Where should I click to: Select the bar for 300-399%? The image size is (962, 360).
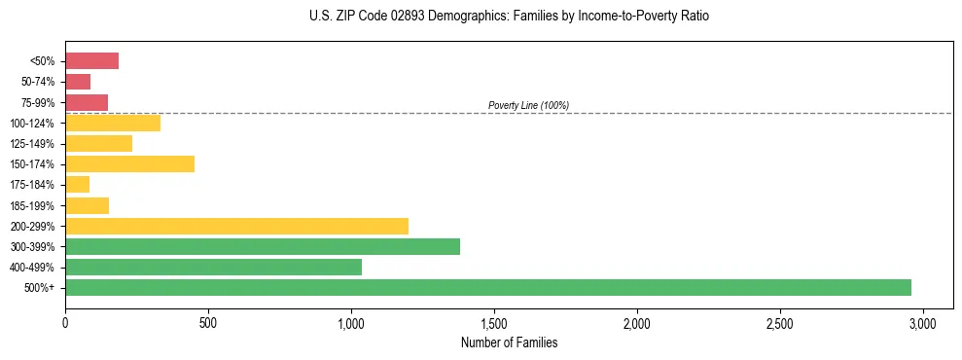click(x=263, y=246)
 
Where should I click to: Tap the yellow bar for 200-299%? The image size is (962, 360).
click(x=236, y=226)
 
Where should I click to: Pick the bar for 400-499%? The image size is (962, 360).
click(x=213, y=267)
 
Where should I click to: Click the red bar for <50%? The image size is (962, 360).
click(x=91, y=61)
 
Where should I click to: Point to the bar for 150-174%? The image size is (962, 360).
click(x=129, y=163)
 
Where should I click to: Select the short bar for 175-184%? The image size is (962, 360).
click(x=77, y=184)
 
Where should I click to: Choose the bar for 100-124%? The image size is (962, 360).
click(x=113, y=123)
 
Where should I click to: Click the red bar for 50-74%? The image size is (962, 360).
click(x=78, y=82)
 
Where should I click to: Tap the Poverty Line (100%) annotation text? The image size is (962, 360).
click(x=528, y=105)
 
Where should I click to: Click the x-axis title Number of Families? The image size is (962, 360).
click(x=509, y=342)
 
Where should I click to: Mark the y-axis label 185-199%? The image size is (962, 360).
click(x=32, y=205)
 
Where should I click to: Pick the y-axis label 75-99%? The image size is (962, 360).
click(x=37, y=102)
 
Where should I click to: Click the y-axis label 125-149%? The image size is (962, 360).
click(x=32, y=144)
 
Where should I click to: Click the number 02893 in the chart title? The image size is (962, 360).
click(x=382, y=17)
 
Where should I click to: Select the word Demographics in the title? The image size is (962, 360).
click(x=448, y=17)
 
